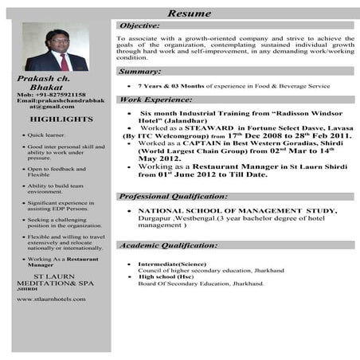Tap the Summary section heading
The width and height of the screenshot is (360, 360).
140,72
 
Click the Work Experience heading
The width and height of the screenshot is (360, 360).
155,100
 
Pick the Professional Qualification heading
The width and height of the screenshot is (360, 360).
173,196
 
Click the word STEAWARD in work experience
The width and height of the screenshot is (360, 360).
209,127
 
